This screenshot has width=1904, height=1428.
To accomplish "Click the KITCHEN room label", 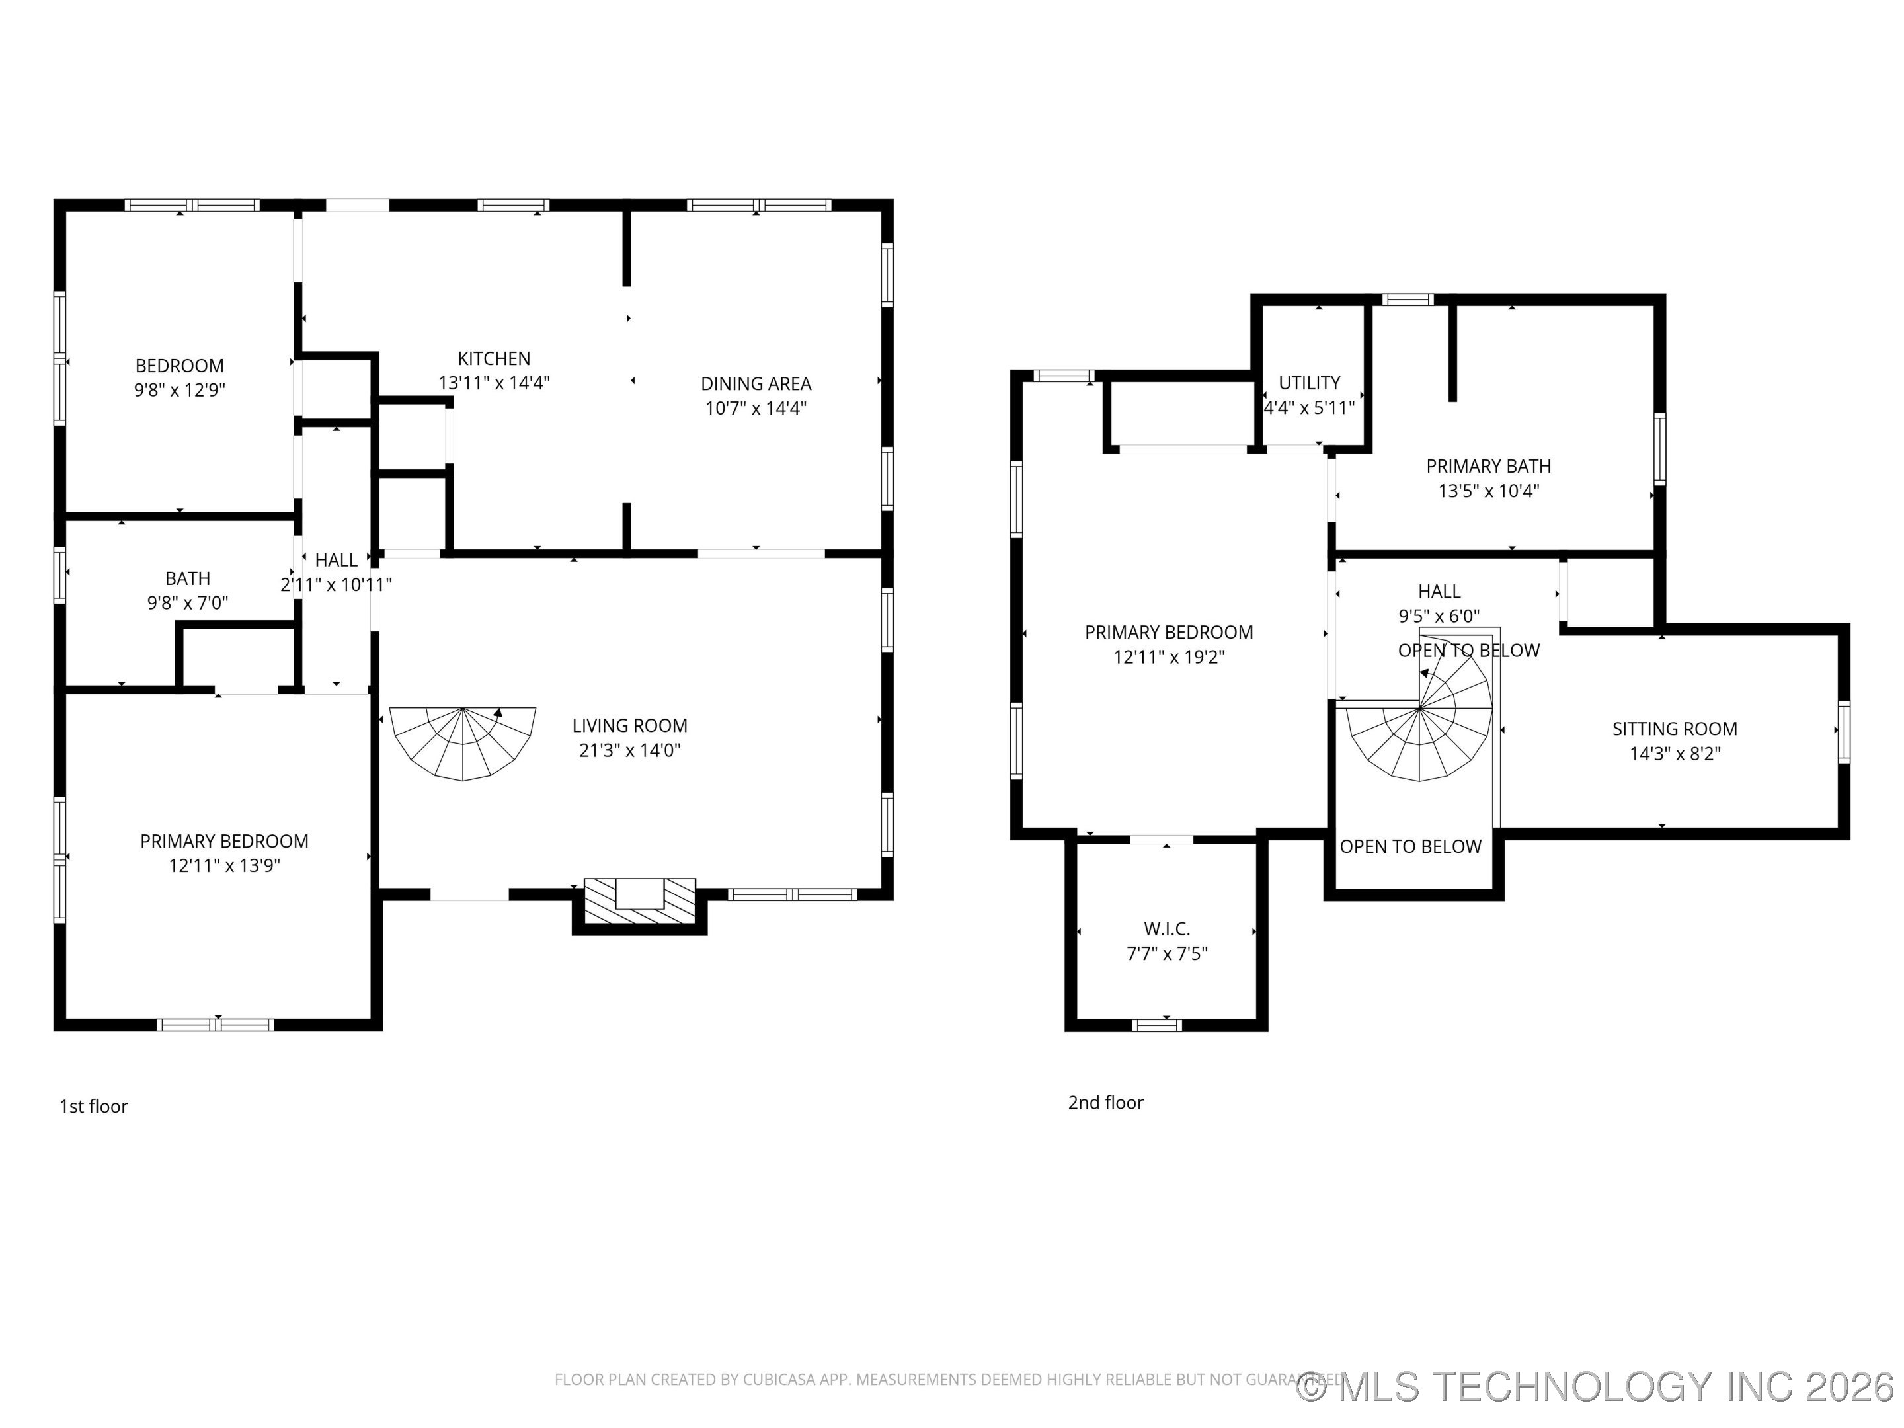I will [493, 358].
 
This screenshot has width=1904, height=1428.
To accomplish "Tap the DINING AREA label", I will [756, 384].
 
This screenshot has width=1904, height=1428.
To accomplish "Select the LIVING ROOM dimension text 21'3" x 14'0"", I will [629, 750].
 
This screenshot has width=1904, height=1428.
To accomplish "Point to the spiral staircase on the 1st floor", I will [463, 741].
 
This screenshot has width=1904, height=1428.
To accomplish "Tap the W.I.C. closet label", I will [1166, 929].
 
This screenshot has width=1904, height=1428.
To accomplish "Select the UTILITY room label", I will [1308, 383].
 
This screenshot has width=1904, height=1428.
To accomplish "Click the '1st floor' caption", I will [93, 1106].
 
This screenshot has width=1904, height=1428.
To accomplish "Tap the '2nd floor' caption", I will [1105, 1103].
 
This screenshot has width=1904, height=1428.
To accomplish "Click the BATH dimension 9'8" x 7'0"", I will [188, 602].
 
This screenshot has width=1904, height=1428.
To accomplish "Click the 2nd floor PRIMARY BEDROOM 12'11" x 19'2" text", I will [1168, 645].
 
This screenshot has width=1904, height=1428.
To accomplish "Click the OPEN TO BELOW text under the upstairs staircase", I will [1410, 847].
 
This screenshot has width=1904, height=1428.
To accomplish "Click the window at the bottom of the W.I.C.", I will [1156, 1024].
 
